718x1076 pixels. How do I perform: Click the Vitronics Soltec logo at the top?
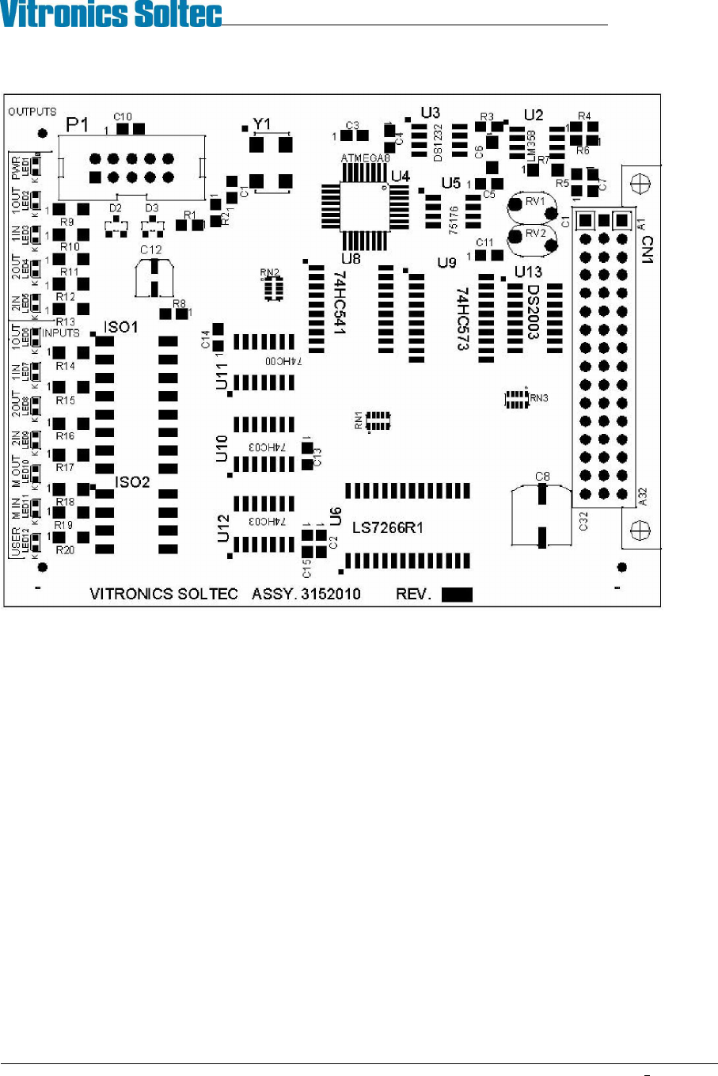coord(112,14)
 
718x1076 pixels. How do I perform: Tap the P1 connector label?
coord(78,124)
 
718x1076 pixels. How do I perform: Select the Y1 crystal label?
coord(261,124)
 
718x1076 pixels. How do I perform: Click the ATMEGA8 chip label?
coord(366,158)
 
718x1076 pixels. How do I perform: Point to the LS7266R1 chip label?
coord(387,527)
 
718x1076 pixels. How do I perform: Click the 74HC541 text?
coord(340,304)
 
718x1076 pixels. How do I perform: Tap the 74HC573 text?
coord(462,318)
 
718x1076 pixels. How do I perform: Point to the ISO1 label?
coord(121,327)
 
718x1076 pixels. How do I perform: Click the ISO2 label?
coord(132,481)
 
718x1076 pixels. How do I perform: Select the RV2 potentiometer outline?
coord(534,236)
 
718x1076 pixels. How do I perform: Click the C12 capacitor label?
coord(150,250)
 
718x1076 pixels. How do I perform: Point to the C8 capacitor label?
coord(542,476)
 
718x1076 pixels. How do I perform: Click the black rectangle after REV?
coord(457,595)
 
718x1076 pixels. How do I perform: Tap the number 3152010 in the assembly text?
coord(332,594)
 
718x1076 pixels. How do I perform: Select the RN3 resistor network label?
coord(538,398)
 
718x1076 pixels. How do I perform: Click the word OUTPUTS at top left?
coord(32,112)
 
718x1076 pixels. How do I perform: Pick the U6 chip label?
coord(336,517)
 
